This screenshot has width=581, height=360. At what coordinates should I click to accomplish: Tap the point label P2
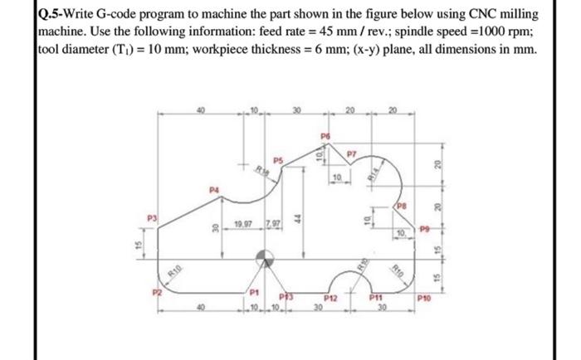pos(153,293)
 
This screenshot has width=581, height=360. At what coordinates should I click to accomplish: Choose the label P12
pos(331,296)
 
